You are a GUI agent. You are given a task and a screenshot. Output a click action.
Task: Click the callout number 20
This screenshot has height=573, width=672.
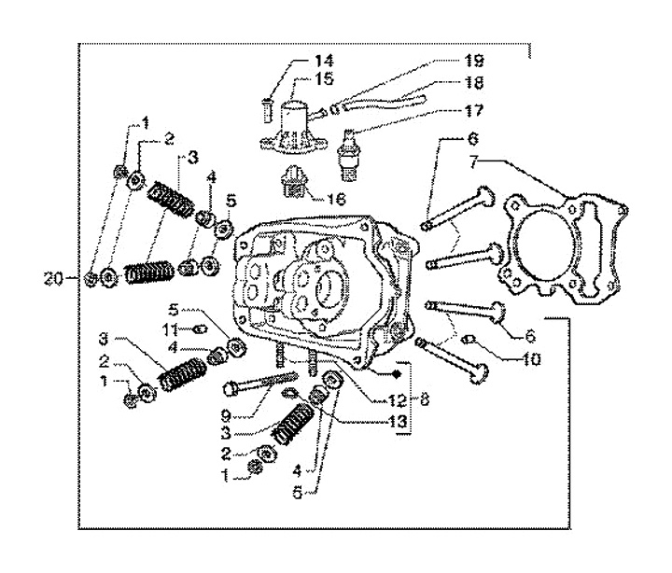[53, 279]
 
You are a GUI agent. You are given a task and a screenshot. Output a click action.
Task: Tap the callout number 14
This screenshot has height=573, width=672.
[324, 61]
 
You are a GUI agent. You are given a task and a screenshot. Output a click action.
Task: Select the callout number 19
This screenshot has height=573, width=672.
[474, 61]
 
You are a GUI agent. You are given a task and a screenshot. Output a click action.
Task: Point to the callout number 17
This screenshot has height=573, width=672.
[473, 110]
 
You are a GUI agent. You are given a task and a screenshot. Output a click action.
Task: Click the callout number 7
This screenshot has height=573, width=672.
[473, 163]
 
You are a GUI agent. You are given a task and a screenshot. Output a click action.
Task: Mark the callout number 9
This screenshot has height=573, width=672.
[226, 415]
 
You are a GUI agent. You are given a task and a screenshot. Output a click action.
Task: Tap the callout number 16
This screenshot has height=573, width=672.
[336, 199]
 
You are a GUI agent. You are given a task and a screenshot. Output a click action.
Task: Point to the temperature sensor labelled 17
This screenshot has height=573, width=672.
[348, 154]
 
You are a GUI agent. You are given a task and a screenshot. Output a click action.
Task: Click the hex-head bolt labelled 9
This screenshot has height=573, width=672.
[260, 382]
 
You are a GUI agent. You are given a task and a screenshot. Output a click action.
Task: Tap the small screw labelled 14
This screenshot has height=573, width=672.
[267, 111]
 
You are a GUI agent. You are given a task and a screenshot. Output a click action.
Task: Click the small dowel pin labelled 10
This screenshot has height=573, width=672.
[469, 341]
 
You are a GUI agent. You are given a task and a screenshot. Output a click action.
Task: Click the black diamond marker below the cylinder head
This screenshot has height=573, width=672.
[396, 373]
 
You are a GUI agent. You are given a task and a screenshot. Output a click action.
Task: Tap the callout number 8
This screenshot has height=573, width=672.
[425, 400]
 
